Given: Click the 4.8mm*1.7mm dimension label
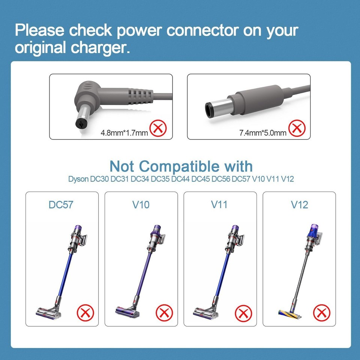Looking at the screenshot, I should point(124,132).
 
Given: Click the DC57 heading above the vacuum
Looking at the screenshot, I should point(61,205).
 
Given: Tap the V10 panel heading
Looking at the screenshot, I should point(141,205).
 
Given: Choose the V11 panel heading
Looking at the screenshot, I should point(220,205).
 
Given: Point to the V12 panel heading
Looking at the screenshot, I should point(299,205).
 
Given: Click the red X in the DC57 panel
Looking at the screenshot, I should point(84,312).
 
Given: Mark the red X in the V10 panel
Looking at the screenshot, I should point(164,312).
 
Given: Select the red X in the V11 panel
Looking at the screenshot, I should point(243,312).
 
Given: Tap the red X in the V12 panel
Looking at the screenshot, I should point(322,312).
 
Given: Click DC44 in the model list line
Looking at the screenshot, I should point(180,179).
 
